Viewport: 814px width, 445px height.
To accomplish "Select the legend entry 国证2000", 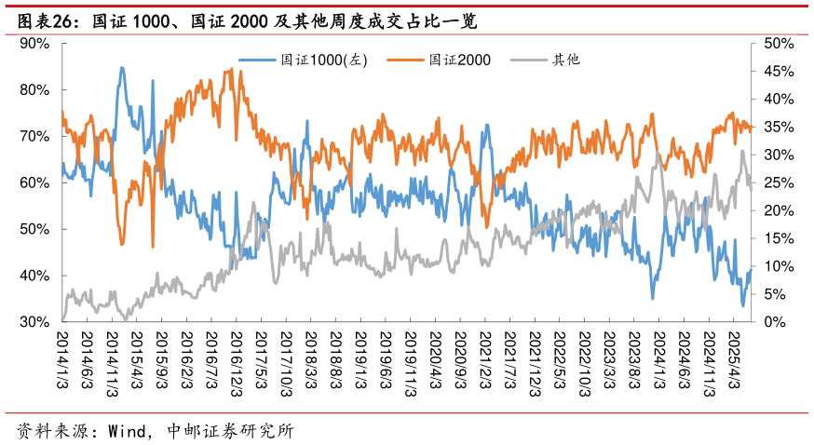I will click(459, 60).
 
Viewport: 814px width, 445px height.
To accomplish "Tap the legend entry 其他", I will click(565, 60).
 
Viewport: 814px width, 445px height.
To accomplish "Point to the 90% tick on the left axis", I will click(34, 44).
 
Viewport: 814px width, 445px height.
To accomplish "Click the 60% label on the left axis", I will click(34, 182).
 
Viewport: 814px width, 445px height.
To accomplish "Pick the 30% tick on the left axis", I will click(34, 322).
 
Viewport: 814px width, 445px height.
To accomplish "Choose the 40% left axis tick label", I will click(34, 276).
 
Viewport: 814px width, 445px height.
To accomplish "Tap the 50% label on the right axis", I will click(778, 44).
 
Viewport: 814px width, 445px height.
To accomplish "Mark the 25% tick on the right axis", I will click(778, 182).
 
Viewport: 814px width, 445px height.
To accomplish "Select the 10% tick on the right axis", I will click(778, 266).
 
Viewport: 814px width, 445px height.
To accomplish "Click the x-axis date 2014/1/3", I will click(63, 361).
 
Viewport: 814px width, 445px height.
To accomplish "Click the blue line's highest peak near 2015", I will click(122, 68).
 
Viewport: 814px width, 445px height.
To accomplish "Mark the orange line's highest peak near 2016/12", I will click(230, 69).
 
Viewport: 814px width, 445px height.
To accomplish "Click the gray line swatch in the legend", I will click(531, 60).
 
